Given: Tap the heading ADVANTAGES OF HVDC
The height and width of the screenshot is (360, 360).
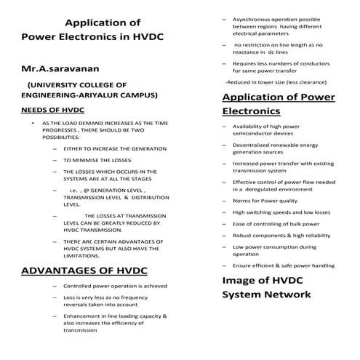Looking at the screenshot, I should click(x=84, y=271).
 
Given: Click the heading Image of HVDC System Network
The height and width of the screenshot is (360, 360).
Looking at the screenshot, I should click(x=267, y=287).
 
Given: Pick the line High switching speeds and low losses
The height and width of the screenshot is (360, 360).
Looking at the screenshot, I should click(x=281, y=212).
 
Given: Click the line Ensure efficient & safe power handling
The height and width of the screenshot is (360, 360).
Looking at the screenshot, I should click(x=284, y=265).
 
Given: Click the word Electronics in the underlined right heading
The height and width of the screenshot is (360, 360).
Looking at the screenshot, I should click(x=251, y=112).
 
